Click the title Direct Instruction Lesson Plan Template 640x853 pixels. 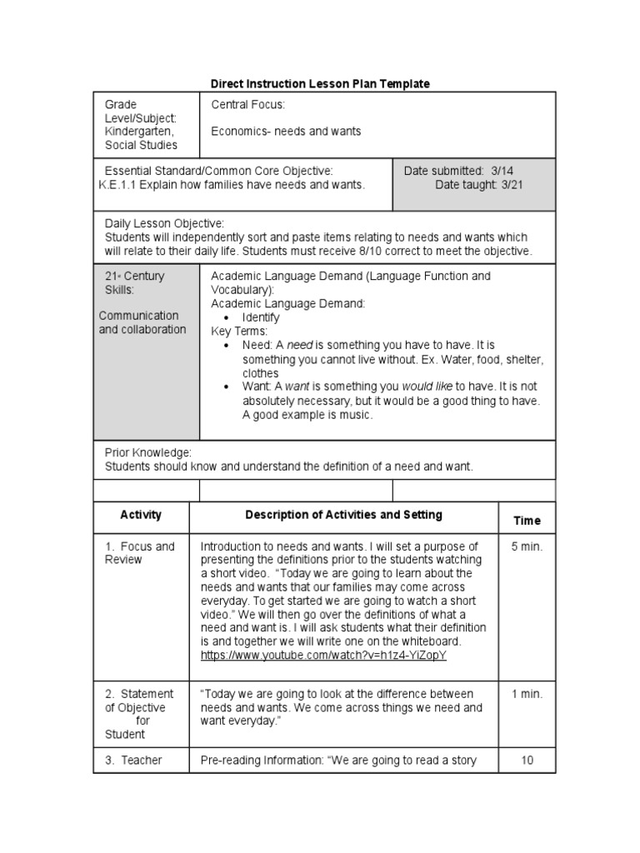pos(320,84)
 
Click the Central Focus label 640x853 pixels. pos(247,105)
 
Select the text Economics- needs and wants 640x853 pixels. pos(286,132)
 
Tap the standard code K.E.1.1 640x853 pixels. pos(117,185)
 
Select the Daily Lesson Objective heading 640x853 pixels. pos(164,224)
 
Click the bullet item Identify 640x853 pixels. pos(261,317)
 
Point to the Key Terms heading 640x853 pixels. pos(238,331)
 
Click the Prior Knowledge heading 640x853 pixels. pos(148,452)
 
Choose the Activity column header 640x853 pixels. pos(141,515)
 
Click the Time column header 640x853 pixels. pos(527,521)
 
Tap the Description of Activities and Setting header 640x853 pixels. pos(344,515)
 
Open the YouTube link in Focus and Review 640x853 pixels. pos(323,656)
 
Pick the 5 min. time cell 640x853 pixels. pos(527,546)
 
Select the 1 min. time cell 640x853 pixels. pos(527,694)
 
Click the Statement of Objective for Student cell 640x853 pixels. pos(138,714)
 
